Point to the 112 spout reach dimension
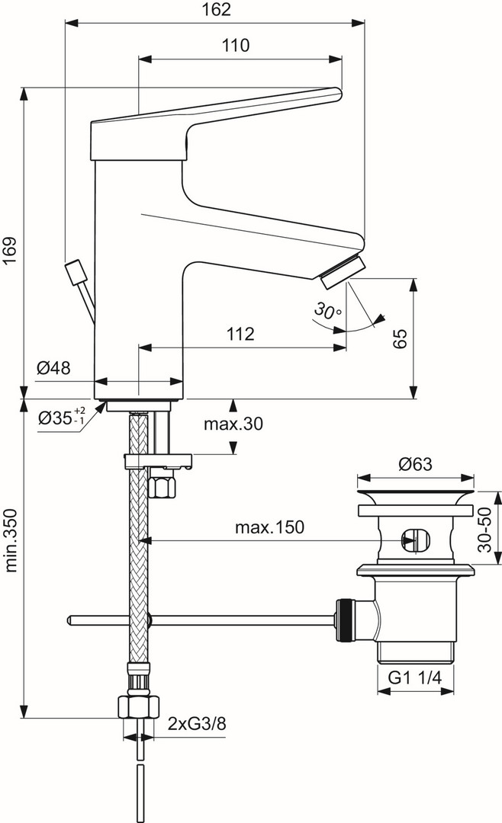coord(239,334)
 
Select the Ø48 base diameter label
coord(53,368)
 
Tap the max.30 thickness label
coord(233,424)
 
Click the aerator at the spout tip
coord(343,271)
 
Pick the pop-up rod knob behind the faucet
coord(76,271)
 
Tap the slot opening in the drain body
coord(413,540)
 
